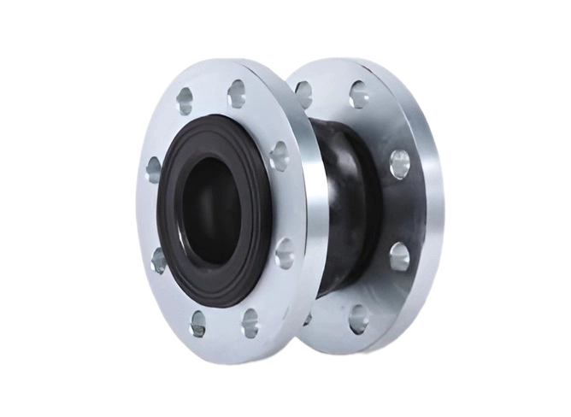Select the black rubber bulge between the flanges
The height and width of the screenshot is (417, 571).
[342, 205]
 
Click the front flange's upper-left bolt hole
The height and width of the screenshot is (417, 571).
[185, 101]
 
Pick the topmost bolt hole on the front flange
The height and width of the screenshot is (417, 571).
[237, 93]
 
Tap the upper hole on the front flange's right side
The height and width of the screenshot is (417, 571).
[280, 156]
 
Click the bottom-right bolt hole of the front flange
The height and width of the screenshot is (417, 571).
[250, 321]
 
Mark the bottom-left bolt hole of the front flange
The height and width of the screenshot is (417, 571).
[198, 324]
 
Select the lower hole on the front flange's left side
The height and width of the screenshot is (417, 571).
[159, 260]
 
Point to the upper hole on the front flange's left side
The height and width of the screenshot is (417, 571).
[154, 169]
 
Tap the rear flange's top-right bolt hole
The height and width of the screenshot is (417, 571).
[359, 94]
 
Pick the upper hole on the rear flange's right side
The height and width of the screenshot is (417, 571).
[399, 164]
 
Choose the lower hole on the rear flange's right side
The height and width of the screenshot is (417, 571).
[399, 255]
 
